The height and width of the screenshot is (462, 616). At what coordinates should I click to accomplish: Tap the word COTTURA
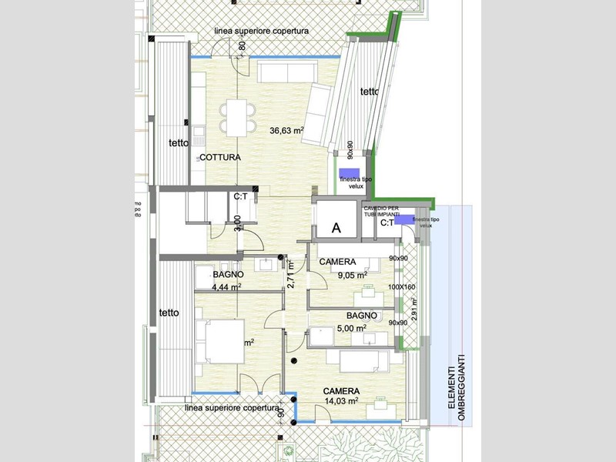[x=220, y=157]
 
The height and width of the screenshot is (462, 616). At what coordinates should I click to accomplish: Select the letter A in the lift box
[x=336, y=227]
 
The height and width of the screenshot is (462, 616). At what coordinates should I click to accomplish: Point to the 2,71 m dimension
[x=290, y=275]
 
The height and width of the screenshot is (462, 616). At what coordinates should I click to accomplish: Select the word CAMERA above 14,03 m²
[x=341, y=390]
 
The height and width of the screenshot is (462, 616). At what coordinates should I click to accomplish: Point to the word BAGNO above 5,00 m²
[x=361, y=316]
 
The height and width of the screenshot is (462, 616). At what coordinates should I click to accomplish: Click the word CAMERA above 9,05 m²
[x=337, y=262]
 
